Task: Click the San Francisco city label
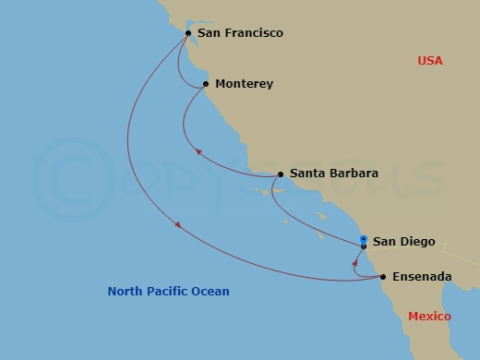pos(240,33)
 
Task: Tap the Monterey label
pos(244,84)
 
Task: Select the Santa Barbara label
pos(333,173)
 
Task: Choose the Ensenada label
pos(422,276)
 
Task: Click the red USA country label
pos(429,61)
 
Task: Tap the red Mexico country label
pos(429,317)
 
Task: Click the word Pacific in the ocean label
pos(169,292)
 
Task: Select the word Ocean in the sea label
pos(210,292)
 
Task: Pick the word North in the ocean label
pos(126,292)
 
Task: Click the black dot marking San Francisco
pos(188,33)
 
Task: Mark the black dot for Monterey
pos(205,84)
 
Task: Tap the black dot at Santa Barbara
pos(280,174)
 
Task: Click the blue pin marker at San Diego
pos(364,239)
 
